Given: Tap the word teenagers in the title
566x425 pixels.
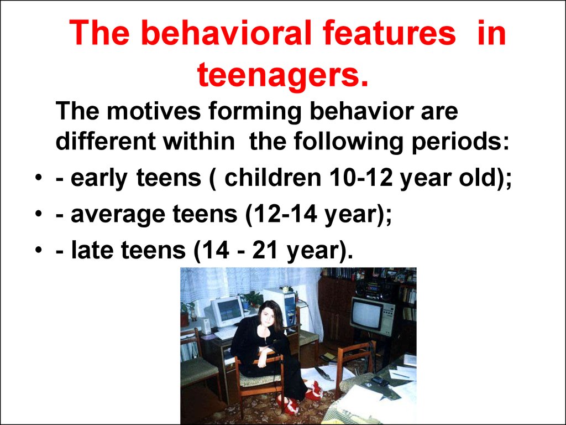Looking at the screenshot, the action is pos(282,75).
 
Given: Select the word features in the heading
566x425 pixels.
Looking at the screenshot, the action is pos(389,33).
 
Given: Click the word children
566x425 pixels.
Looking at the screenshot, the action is pos(272,178).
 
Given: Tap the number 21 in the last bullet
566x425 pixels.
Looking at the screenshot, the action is pos(265,250).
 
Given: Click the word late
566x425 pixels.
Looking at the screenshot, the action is pos(92,250).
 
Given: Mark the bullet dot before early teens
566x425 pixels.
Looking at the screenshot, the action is pos(38,178).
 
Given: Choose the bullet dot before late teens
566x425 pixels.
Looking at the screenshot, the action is pos(38,251).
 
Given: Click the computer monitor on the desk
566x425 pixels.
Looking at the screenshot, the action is pos(227,311).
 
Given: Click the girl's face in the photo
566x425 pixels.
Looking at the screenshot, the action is pos(268,315).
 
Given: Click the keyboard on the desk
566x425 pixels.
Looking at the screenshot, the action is pos(226,333).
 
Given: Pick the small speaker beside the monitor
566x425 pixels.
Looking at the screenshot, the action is pos(206,326).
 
